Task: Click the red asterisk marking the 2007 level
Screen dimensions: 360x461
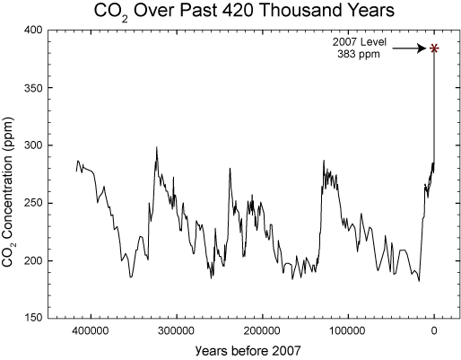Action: (434, 48)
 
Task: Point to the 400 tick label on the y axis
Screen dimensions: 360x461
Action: (30, 30)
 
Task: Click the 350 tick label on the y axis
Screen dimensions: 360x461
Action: (30, 87)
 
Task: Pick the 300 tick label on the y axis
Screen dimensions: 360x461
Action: (30, 145)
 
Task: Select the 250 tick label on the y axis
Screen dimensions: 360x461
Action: (30, 203)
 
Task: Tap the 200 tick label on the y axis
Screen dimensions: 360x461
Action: (30, 260)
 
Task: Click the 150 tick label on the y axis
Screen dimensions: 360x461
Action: (30, 318)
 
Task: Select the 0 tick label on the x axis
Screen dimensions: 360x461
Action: (434, 331)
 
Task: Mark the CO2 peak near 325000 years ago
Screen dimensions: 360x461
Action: (156, 148)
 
